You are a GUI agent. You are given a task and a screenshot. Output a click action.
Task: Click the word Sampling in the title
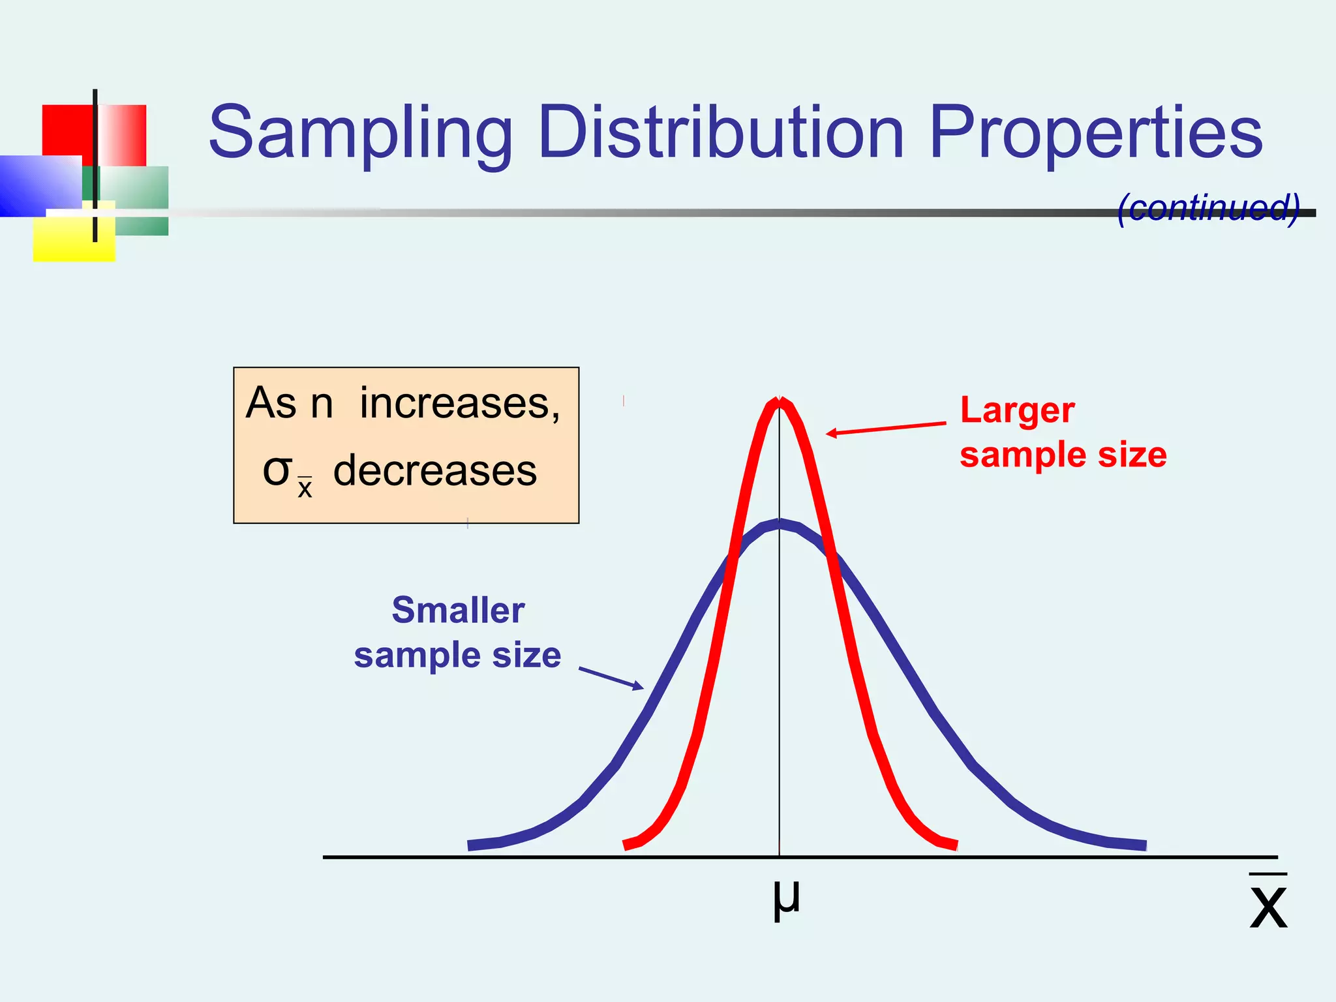[x=360, y=134]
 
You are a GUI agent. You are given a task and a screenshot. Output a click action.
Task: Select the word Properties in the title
[x=1095, y=134]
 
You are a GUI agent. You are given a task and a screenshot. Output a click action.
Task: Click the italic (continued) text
[x=1208, y=208]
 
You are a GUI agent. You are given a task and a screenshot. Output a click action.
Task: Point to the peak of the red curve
[x=779, y=401]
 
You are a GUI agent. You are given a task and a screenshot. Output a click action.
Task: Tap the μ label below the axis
[x=785, y=899]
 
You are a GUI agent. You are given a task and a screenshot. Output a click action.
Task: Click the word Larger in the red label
[x=1017, y=411]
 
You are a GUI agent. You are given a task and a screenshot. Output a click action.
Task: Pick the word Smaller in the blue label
[x=458, y=611]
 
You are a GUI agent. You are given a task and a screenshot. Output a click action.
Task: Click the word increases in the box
[x=459, y=404]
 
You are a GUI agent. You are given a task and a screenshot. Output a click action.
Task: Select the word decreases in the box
[x=434, y=471]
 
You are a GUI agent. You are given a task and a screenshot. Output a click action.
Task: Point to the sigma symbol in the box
[x=276, y=471]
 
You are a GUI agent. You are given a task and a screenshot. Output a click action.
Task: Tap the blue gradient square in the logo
[x=39, y=185]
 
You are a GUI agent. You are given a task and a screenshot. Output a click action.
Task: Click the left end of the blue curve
[x=471, y=845]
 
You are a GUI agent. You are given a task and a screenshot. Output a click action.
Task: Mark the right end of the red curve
[x=955, y=845]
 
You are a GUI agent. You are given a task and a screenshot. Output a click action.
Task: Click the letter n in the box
[x=322, y=404]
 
